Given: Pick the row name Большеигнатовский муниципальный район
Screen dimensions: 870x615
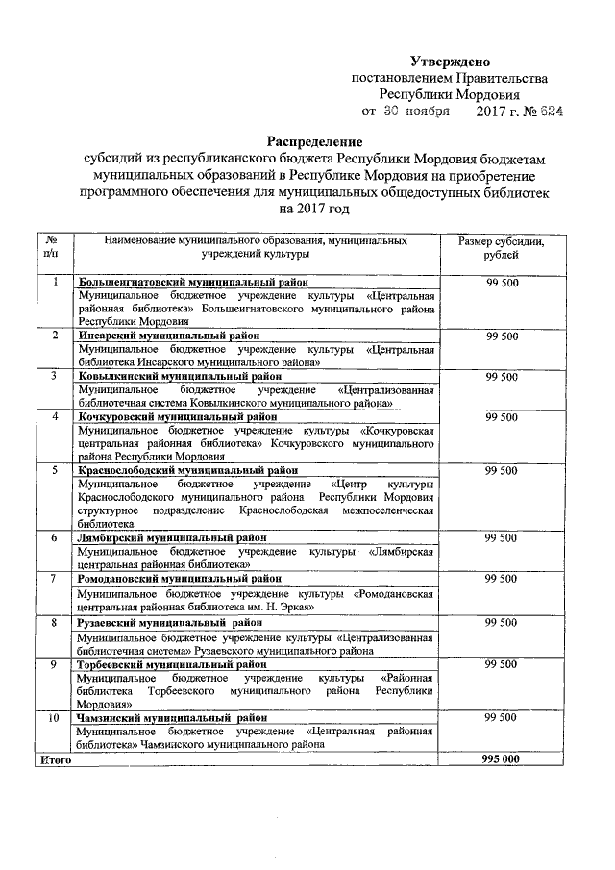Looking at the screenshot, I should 194,282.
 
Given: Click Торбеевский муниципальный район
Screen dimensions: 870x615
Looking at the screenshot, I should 172,664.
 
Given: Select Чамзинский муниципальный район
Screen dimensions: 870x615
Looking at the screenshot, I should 172,718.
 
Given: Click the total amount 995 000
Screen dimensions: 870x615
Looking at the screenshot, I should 502,758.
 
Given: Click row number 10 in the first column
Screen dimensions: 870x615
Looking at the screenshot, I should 55,718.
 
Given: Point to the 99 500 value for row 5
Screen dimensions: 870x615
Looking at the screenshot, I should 502,470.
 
